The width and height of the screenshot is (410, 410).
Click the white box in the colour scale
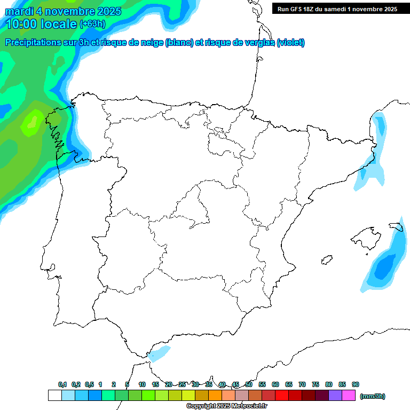[x=54, y=395]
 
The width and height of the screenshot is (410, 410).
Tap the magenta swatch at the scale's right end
[x=349, y=395]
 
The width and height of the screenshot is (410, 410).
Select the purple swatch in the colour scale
[x=335, y=395]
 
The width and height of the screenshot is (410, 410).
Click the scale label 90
[x=356, y=384]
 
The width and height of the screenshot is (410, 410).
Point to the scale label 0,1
[x=62, y=384]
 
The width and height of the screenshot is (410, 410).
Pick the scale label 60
[x=275, y=384]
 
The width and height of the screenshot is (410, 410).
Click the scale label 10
[x=142, y=384]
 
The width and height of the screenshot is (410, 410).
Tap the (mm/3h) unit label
[x=373, y=396]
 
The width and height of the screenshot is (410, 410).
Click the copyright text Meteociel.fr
[x=227, y=406]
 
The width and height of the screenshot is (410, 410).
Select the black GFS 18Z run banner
[x=337, y=9]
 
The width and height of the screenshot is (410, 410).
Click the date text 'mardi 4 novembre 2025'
[x=63, y=11]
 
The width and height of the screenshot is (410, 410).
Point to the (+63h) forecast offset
[x=92, y=24]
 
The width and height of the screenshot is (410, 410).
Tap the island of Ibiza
[x=326, y=260]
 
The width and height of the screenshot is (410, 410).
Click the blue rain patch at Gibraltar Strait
[x=160, y=352]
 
